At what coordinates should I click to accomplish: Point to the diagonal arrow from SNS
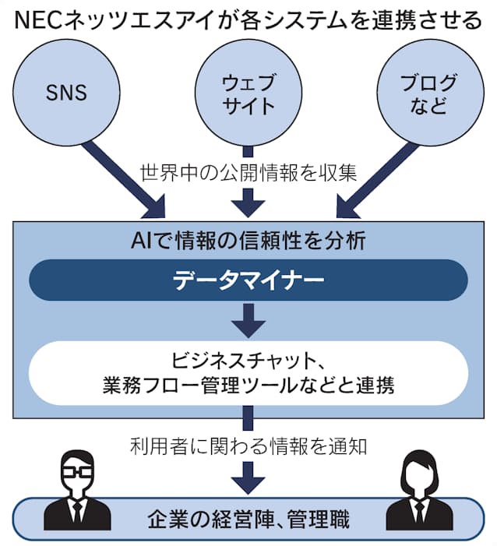tap(125, 178)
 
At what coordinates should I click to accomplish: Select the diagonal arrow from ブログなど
tap(372, 178)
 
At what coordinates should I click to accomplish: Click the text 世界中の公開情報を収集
tap(248, 172)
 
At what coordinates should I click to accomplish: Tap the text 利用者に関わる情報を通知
tap(248, 446)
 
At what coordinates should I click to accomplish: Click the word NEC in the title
tap(41, 19)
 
